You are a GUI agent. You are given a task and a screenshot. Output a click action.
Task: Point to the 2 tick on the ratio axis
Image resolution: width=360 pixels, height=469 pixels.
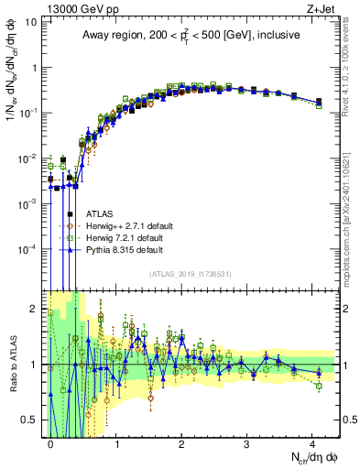[x=33, y=307]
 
